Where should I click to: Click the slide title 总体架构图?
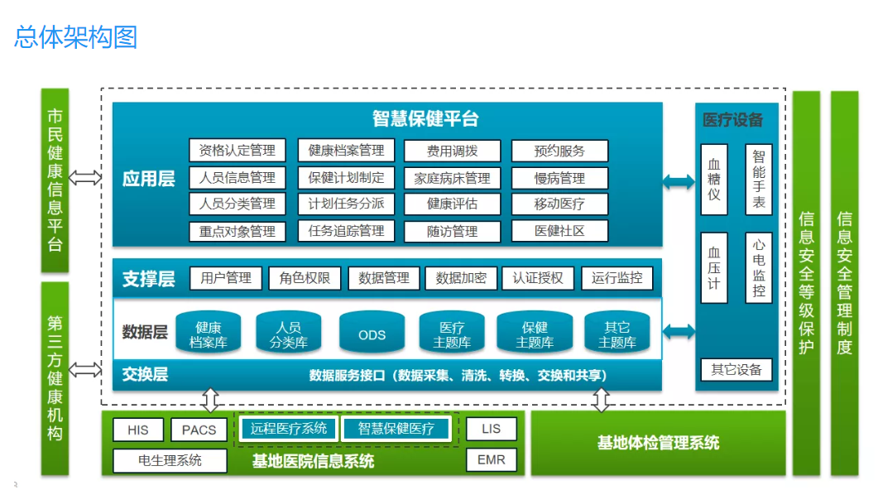coord(75,37)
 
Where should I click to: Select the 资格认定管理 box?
coord(237,150)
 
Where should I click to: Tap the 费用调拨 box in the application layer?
coord(452,151)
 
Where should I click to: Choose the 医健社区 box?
coord(559,230)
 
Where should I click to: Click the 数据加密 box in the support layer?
coord(461,278)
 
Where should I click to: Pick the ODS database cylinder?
coord(372,333)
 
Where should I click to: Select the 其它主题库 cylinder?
coord(617,333)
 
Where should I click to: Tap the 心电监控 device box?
coord(759,267)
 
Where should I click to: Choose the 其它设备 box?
coord(736,369)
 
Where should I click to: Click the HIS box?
coord(138,430)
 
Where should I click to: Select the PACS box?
coord(199,430)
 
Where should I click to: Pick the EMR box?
coord(492,459)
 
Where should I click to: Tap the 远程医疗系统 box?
coord(289,428)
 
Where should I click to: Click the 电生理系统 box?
coord(170,460)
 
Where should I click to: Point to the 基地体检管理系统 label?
coord(658,443)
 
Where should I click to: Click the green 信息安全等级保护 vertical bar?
coord(806,282)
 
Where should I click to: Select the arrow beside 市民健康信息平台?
coord(85,177)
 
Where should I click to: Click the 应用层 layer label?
coord(149,178)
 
